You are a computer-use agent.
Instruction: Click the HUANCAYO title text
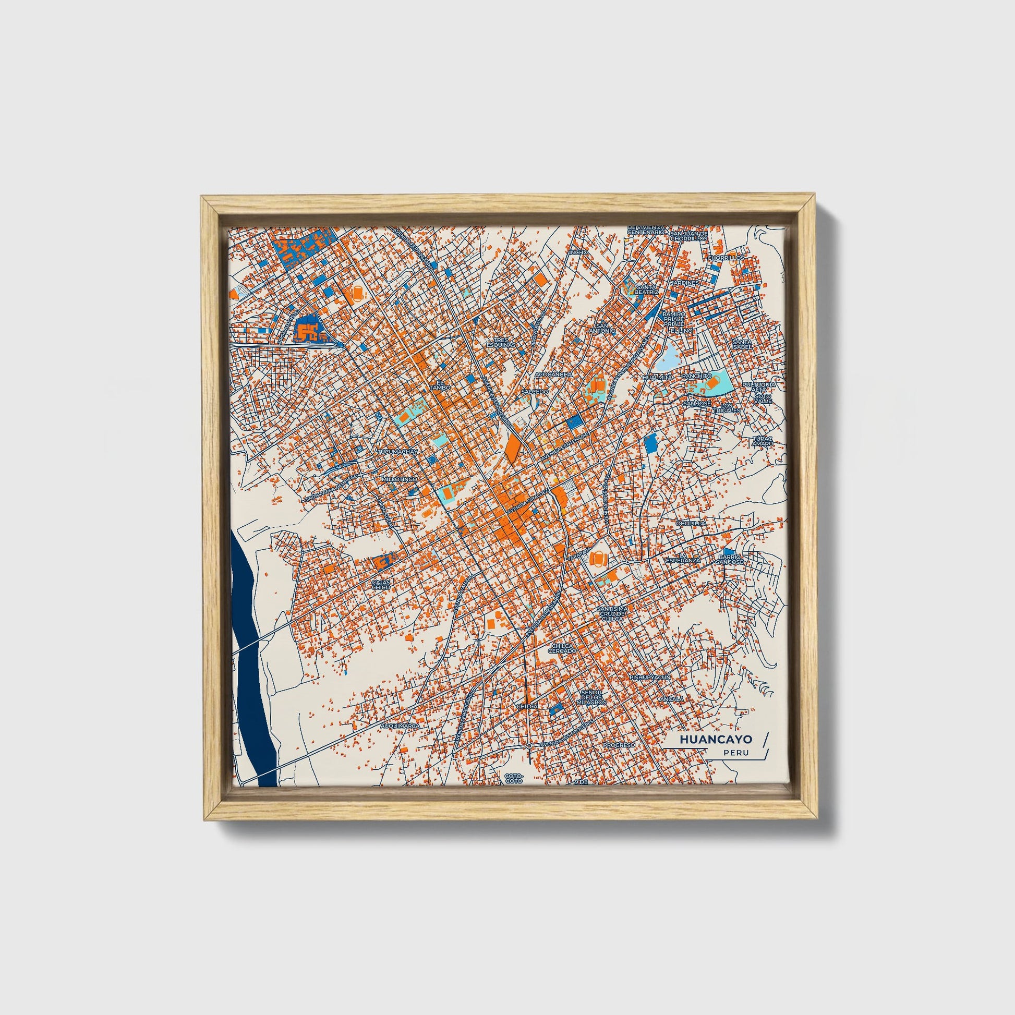tap(716, 739)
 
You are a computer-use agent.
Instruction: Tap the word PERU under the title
tap(735, 753)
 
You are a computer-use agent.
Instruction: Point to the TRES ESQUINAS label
tap(501, 343)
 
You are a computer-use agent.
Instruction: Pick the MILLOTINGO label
tap(400, 480)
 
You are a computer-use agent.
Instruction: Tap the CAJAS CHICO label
tap(381, 584)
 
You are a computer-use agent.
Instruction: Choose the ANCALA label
tap(673, 699)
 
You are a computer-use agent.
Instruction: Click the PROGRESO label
tap(619, 745)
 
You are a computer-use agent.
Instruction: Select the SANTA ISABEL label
tap(741, 344)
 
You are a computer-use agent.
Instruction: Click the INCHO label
tap(578, 252)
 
